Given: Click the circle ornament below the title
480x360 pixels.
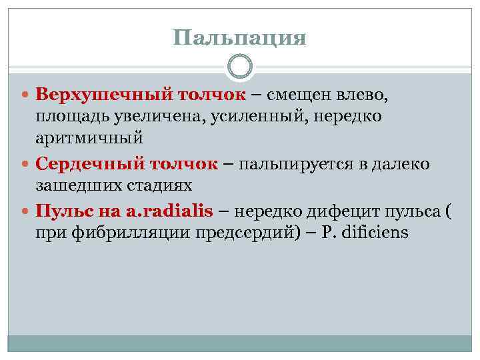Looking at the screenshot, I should pos(240,67).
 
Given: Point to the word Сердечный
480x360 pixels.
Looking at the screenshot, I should pos(78,163).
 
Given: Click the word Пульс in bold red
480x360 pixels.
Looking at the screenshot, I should pos(60,211).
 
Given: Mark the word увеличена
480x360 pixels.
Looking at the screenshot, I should pos(155,118).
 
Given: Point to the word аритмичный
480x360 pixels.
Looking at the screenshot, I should pos(90,139).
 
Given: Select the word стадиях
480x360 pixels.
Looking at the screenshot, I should pos(161,185).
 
